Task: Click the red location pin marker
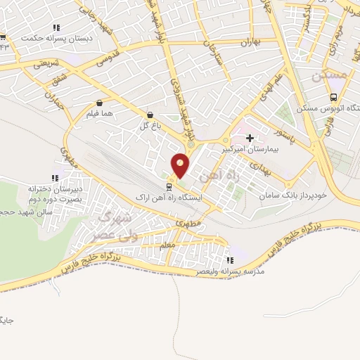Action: click(x=181, y=165)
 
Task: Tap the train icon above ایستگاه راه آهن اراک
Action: click(x=169, y=187)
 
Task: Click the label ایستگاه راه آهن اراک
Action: click(x=169, y=198)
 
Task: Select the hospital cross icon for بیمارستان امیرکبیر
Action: click(x=250, y=139)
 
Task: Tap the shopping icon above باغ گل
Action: click(x=150, y=115)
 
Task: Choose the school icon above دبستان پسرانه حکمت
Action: click(x=55, y=29)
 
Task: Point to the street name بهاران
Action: click(x=251, y=44)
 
